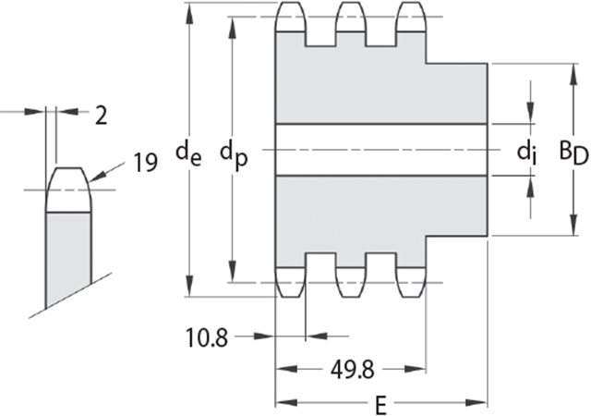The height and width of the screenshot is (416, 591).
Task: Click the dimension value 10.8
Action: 207,337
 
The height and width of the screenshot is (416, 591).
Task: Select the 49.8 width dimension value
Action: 353,370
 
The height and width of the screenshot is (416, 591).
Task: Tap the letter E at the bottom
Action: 381,406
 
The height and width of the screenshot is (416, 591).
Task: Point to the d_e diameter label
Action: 188,154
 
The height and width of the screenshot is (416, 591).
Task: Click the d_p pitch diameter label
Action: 234,156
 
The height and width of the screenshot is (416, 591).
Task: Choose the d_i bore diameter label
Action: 526,153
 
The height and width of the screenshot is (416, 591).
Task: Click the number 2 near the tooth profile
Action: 101,116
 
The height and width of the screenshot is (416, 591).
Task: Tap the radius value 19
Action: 146,163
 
